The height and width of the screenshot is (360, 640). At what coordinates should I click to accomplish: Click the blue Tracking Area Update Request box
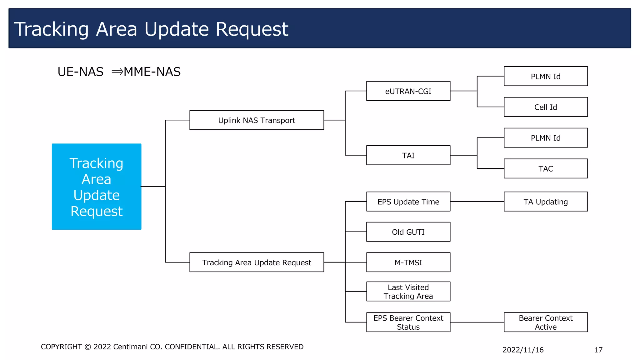pos(97,187)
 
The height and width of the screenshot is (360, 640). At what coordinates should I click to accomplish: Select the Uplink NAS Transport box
pos(257,120)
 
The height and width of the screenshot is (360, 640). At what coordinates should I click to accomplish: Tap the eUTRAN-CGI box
pos(408,91)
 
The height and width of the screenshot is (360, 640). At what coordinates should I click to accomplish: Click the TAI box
pos(408,155)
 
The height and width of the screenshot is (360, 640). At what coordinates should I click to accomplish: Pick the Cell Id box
pos(546,107)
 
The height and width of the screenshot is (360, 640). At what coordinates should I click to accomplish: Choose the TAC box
pos(546,168)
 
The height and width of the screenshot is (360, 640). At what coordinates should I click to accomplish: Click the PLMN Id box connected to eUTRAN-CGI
pos(546,76)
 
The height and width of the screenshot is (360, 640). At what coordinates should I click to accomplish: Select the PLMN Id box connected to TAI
pos(546,138)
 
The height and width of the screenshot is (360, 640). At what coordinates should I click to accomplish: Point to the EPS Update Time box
pos(408,202)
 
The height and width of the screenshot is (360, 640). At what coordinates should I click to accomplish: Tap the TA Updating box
pos(546,202)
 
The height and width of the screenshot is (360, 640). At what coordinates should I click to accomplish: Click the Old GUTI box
pos(408,232)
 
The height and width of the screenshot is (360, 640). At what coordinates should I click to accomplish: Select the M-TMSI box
pos(408,262)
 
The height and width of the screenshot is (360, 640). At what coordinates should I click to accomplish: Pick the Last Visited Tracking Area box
pos(408,292)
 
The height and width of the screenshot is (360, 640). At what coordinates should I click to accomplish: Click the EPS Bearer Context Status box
pos(408,322)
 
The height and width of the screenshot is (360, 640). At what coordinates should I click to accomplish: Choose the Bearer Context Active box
pos(546,322)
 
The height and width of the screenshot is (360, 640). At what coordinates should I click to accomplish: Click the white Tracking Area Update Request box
pos(257,262)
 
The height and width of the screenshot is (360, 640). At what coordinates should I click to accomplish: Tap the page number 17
pos(598,350)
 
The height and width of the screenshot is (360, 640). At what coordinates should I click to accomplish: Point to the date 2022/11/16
pos(523,350)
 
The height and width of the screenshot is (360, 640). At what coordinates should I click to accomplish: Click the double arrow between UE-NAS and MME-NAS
pos(117,72)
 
